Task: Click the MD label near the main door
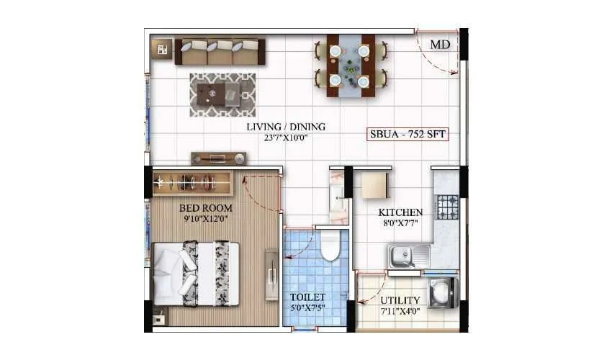pos(441,45)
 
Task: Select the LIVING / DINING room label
pos(285,127)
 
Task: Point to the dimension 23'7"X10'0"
pos(285,138)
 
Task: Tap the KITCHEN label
pos(400,213)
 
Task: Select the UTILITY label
pos(400,300)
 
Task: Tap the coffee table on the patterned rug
pos(222,94)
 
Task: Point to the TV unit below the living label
pos(219,158)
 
